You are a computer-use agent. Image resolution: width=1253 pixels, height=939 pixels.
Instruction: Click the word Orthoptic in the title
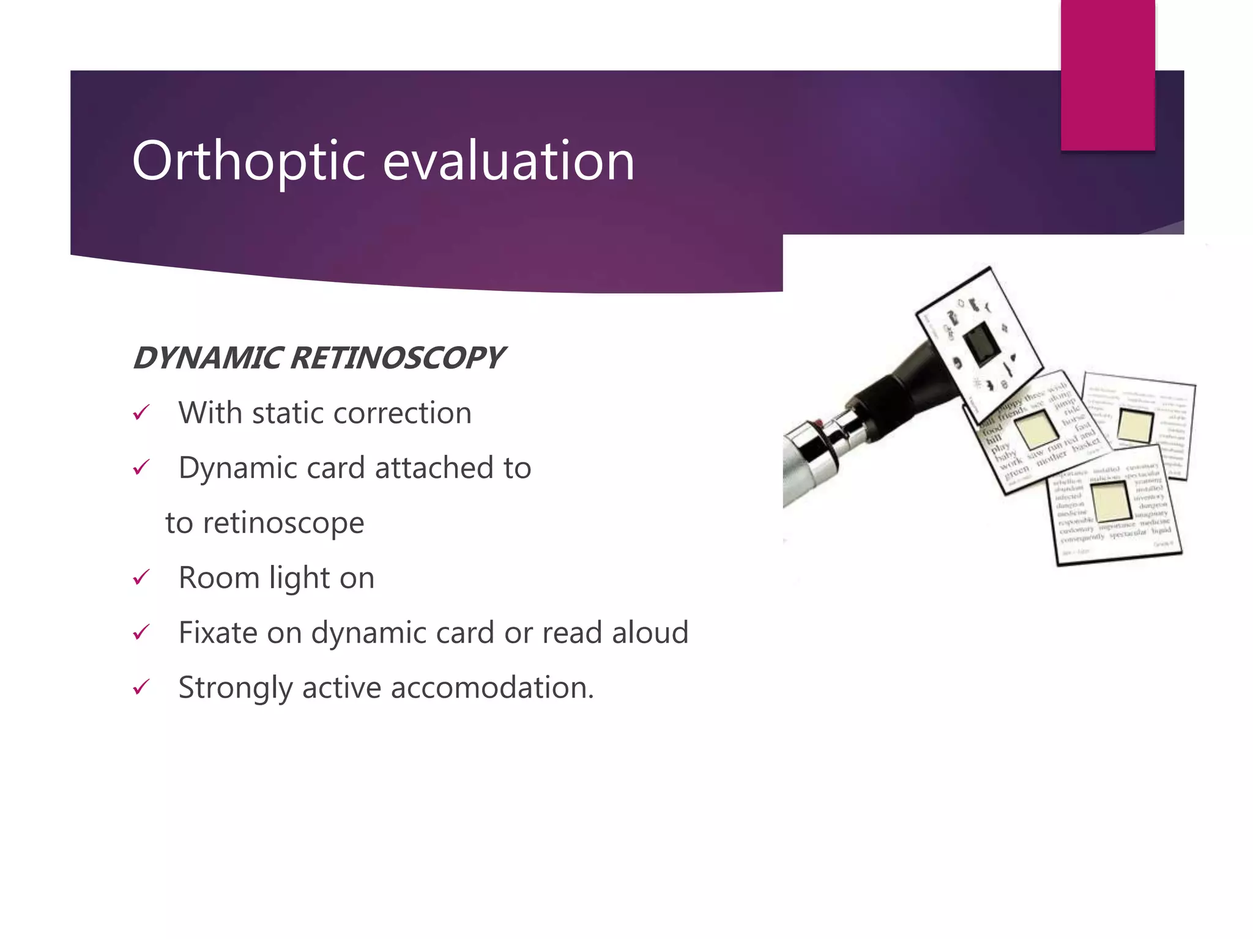click(248, 161)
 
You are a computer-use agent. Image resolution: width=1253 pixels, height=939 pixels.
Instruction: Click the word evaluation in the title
click(508, 161)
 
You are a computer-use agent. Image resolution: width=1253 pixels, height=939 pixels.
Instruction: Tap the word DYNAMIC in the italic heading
click(207, 358)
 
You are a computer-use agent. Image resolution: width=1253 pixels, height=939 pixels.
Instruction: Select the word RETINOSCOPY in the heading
click(397, 358)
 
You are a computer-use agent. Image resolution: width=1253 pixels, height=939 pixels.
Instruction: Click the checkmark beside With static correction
click(141, 413)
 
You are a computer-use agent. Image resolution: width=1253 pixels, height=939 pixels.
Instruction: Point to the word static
click(291, 413)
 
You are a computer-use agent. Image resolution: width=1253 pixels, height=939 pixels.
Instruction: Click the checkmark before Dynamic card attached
click(141, 468)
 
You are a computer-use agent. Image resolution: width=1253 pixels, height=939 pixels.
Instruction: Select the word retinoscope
click(283, 523)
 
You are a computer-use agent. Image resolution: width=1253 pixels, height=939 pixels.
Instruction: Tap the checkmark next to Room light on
click(141, 578)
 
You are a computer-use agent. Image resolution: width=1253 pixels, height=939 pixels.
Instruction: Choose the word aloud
click(650, 633)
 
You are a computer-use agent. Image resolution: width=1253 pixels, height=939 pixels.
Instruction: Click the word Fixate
click(218, 633)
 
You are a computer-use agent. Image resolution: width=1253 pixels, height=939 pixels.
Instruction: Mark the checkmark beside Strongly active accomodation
click(141, 688)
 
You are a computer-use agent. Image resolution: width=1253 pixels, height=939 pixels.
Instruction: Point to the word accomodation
click(492, 688)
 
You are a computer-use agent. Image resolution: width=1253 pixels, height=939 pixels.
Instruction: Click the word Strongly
click(235, 688)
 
